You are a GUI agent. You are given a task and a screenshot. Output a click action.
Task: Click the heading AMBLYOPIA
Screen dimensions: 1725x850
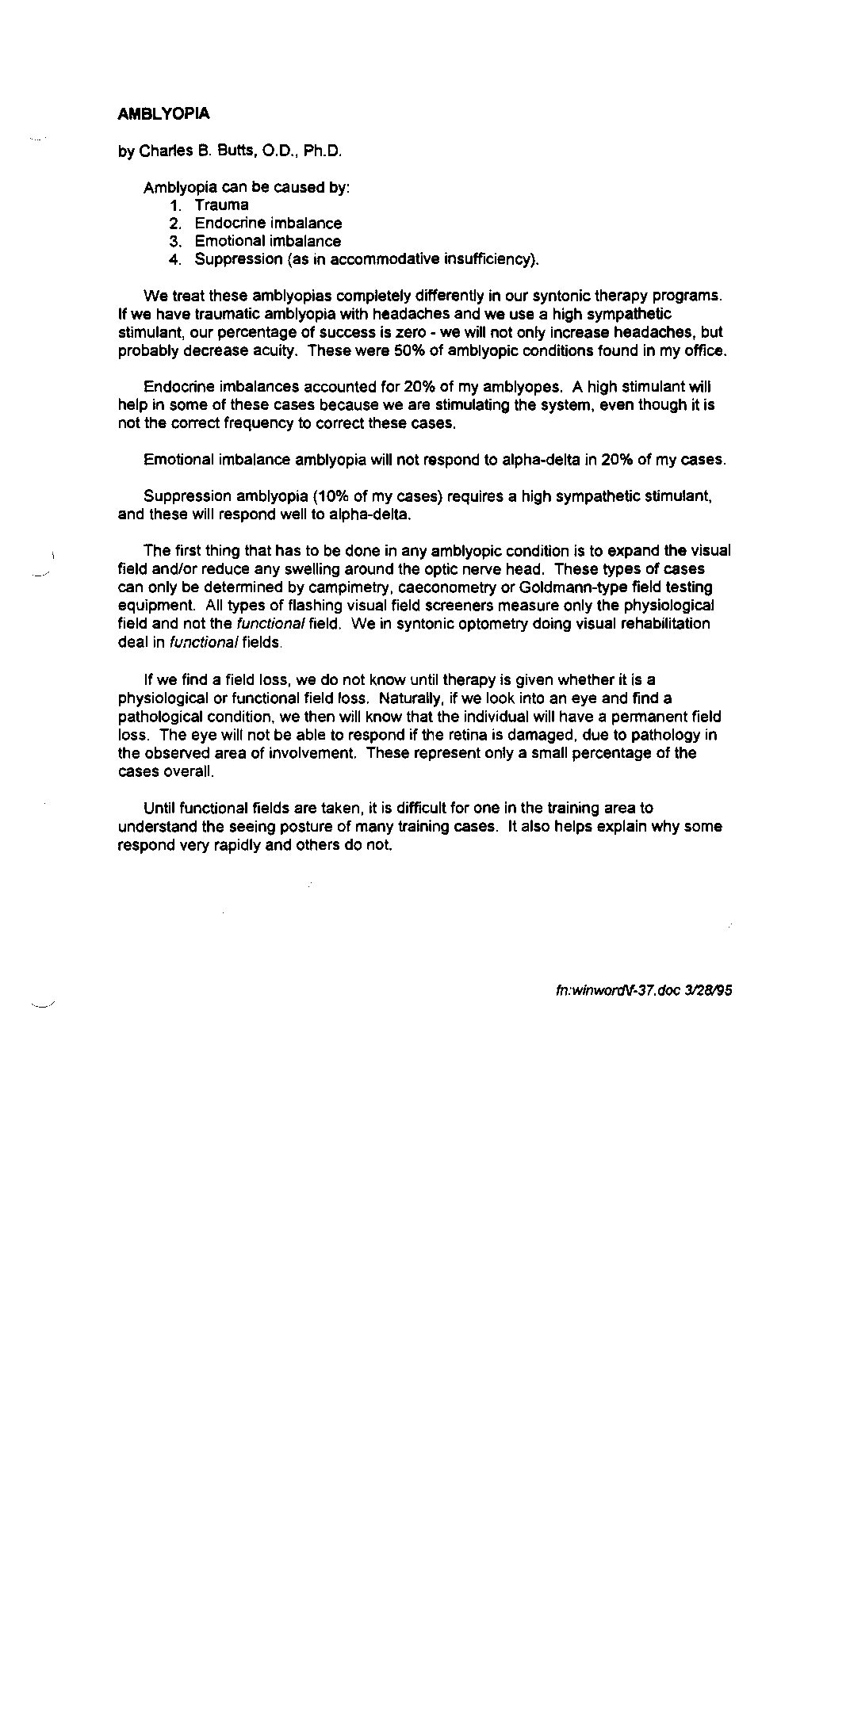coord(163,114)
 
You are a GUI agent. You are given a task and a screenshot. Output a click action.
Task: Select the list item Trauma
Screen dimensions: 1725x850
coord(221,205)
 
